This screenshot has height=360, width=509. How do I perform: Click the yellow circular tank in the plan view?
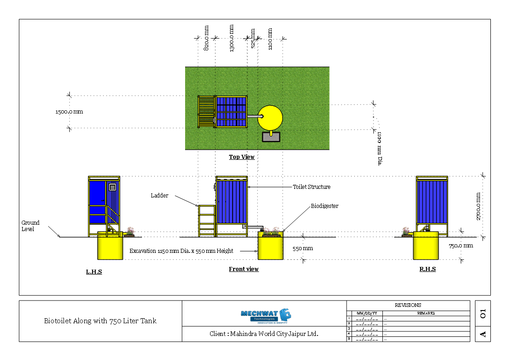tap(270, 118)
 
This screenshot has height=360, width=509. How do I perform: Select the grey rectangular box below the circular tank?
tap(271, 137)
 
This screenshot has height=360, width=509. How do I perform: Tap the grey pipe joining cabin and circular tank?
tap(254, 116)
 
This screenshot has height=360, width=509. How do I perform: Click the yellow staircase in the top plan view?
tap(206, 112)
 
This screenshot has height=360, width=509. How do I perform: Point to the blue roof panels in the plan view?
tap(231, 112)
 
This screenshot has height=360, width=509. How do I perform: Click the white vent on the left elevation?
tap(113, 187)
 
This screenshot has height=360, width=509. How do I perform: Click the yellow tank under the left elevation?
tap(110, 248)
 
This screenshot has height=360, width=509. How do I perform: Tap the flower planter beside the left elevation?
tap(130, 232)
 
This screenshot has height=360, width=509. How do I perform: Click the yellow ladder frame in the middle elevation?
tap(207, 221)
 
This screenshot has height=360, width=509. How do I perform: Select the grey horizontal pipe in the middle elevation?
tap(255, 227)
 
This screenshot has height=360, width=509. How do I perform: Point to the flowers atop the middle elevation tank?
tap(271, 230)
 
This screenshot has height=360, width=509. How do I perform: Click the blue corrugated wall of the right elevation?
tap(432, 202)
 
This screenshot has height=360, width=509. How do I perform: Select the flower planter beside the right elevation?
tap(406, 232)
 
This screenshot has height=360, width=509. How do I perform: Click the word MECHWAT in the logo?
tap(259, 313)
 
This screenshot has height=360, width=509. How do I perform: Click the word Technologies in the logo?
tap(264, 319)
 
